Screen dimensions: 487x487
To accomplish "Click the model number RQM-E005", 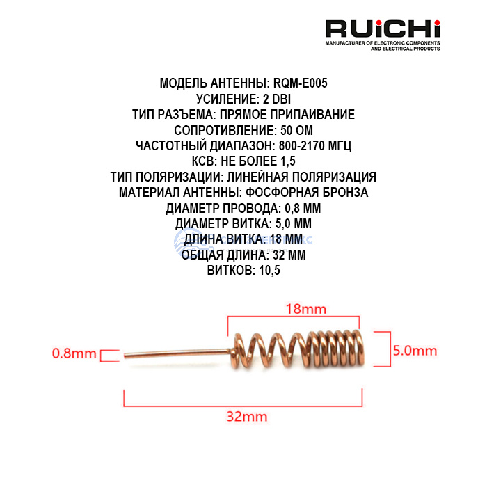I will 299,83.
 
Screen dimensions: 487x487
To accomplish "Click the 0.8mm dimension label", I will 74,353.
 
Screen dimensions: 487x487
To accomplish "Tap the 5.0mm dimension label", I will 415,349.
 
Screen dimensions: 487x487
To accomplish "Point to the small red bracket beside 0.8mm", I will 108,356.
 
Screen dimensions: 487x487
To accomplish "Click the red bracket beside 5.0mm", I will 382,349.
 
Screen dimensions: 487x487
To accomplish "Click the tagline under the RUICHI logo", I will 383,47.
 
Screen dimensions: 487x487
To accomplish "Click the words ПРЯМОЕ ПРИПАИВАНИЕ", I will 296,115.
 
